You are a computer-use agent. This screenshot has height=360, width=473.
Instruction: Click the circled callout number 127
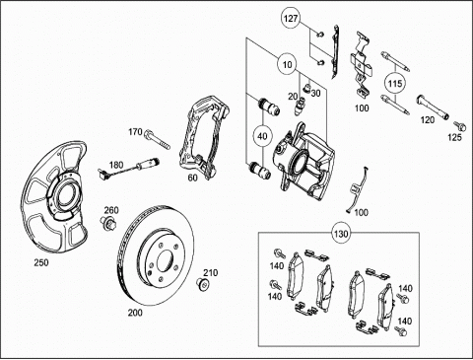(291, 19)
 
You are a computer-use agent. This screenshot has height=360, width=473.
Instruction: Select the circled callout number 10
(288, 64)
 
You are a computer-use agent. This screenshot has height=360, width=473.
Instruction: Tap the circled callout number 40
(262, 136)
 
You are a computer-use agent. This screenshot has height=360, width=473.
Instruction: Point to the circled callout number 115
(395, 84)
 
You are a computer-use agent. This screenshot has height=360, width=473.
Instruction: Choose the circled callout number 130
(341, 234)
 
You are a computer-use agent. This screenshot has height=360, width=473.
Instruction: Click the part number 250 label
(41, 262)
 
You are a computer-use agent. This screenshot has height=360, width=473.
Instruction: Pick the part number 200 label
(135, 313)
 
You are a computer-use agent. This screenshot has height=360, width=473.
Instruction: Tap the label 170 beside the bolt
(135, 132)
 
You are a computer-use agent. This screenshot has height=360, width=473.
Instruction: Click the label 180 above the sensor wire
(116, 165)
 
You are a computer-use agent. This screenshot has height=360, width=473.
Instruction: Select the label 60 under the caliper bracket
(193, 178)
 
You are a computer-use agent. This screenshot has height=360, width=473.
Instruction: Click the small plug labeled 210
(204, 283)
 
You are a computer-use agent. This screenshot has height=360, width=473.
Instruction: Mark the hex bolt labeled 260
(106, 223)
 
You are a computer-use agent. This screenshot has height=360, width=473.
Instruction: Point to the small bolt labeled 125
(459, 125)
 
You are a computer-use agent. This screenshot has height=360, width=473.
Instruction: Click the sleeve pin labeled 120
(433, 108)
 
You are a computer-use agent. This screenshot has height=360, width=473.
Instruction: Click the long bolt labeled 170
(157, 140)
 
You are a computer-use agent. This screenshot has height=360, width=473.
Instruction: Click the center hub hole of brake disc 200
(166, 262)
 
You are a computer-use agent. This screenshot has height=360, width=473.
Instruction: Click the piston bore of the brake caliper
(301, 161)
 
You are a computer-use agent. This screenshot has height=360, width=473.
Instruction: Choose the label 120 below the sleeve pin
(428, 120)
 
